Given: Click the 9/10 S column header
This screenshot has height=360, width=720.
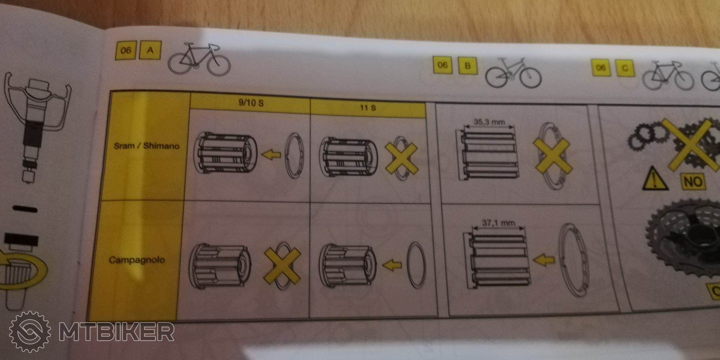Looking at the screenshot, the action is [251, 102].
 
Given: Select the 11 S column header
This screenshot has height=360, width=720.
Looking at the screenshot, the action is [368, 108].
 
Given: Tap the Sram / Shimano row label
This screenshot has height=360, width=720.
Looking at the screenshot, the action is [147, 145].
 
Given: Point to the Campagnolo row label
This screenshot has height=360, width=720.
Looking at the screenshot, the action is [136, 259].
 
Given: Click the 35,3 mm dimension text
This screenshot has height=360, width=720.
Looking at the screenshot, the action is [489, 122].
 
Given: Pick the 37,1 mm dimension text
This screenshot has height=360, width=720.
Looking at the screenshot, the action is [498, 223].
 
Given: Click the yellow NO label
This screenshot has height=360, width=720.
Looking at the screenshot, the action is [693, 182].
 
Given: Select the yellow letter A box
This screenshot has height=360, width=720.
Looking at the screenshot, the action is [150, 50].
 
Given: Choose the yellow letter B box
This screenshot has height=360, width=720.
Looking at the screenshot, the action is [467, 66].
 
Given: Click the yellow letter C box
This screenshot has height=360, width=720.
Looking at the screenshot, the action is [625, 68].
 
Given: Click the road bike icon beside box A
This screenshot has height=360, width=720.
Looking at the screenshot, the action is [199, 60].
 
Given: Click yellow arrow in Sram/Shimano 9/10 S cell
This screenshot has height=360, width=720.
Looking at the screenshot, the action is [271, 154].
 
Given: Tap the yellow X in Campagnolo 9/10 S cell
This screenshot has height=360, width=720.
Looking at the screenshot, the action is [282, 265].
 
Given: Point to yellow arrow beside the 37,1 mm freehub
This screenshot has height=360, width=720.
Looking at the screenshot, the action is [544, 259].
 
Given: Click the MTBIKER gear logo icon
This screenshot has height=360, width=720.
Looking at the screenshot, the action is [30, 331].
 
